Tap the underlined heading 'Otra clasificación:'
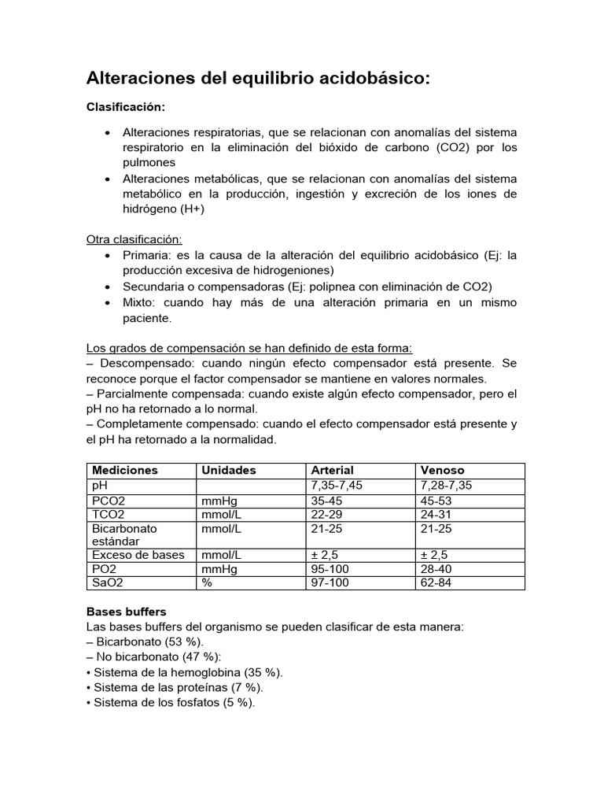pyautogui.click(x=134, y=239)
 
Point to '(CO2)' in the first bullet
pyautogui.click(x=452, y=147)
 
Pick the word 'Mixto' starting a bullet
pyautogui.click(x=139, y=303)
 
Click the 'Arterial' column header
pyautogui.click(x=333, y=470)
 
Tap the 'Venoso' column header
pyautogui.click(x=443, y=470)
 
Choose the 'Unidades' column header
pyautogui.click(x=229, y=470)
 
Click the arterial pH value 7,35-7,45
pyautogui.click(x=337, y=486)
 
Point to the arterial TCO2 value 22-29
pyautogui.click(x=328, y=515)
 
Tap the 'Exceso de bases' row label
pyautogui.click(x=138, y=554)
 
